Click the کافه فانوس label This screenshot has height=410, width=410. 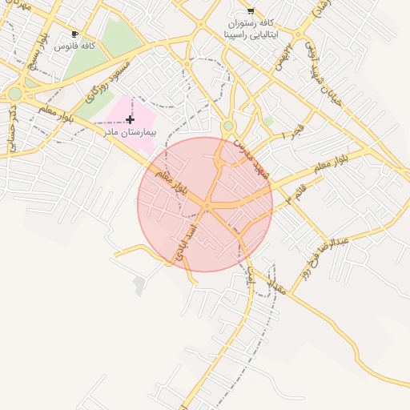click(74, 46)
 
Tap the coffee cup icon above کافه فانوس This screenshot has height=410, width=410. click(74, 34)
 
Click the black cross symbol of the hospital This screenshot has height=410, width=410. click(131, 119)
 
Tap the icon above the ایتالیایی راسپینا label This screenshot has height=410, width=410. click(251, 11)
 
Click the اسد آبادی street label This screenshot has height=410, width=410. click(191, 237)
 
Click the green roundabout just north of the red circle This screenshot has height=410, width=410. click(228, 126)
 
